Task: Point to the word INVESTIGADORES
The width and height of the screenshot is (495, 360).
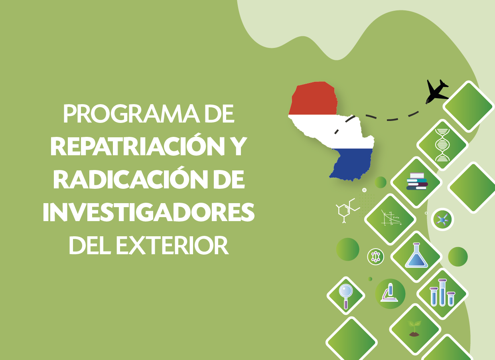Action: tap(148, 212)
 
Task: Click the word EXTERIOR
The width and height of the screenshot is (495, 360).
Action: tap(172, 245)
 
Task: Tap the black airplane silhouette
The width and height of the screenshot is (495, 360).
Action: tap(437, 91)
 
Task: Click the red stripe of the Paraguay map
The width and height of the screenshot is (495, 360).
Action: tap(313, 98)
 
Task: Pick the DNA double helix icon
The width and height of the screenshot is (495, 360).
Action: tap(442, 145)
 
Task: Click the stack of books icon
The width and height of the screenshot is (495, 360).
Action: tap(417, 181)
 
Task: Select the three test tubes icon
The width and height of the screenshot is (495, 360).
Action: tap(442, 293)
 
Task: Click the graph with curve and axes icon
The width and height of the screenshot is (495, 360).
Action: tap(391, 218)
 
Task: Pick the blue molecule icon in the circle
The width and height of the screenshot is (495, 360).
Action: tap(442, 220)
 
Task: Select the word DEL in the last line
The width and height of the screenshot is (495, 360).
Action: tap(89, 245)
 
